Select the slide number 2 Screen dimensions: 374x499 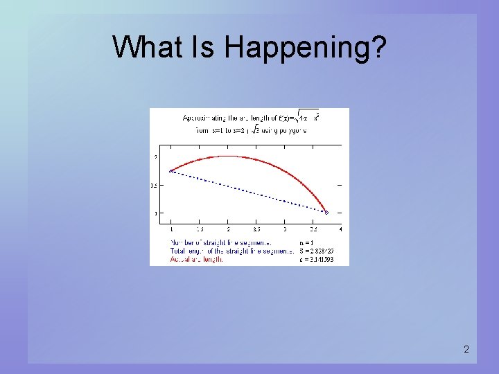coord(466,350)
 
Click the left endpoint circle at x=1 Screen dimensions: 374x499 coord(171,171)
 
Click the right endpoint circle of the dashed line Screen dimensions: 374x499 coord(326,213)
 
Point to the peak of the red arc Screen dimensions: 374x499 coord(228,156)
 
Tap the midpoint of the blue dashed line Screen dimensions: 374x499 coord(249,192)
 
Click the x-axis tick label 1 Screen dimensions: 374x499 coord(171,229)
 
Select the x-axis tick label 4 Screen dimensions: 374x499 coord(340,229)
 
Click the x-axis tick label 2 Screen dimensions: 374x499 coord(228,229)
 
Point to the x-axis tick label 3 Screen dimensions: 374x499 coord(284,229)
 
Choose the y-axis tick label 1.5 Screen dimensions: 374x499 coord(154,186)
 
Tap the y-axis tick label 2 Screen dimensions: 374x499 coord(155,157)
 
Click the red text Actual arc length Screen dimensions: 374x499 coord(197,260)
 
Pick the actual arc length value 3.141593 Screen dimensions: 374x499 coord(317,260)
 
